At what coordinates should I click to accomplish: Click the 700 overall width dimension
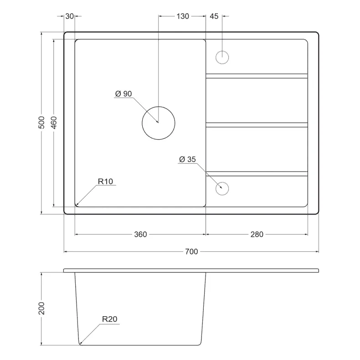tap(191, 251)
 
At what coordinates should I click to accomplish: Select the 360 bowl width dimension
tap(140, 234)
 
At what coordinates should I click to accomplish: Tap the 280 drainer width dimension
tap(257, 234)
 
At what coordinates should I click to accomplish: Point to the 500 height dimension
tap(41, 122)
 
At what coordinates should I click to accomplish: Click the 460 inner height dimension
tap(53, 123)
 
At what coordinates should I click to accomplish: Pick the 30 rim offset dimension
tap(69, 16)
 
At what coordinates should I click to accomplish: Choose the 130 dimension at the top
tap(183, 16)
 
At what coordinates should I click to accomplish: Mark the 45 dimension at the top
tap(214, 16)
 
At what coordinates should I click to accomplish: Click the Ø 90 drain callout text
tap(123, 94)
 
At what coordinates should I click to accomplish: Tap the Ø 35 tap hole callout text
tap(187, 159)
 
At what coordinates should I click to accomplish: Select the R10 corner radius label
tap(105, 181)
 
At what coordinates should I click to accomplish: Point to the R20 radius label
tap(109, 319)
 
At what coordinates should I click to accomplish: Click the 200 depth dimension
tap(41, 308)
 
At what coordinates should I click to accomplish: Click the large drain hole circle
tap(159, 123)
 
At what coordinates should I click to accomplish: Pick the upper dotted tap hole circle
tap(222, 57)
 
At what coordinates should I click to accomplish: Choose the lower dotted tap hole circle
tap(222, 188)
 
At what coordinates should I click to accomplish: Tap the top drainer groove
tap(257, 76)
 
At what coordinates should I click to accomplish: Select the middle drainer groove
tap(257, 125)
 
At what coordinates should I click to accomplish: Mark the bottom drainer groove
tap(257, 174)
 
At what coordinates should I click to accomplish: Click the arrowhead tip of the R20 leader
tap(80, 344)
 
